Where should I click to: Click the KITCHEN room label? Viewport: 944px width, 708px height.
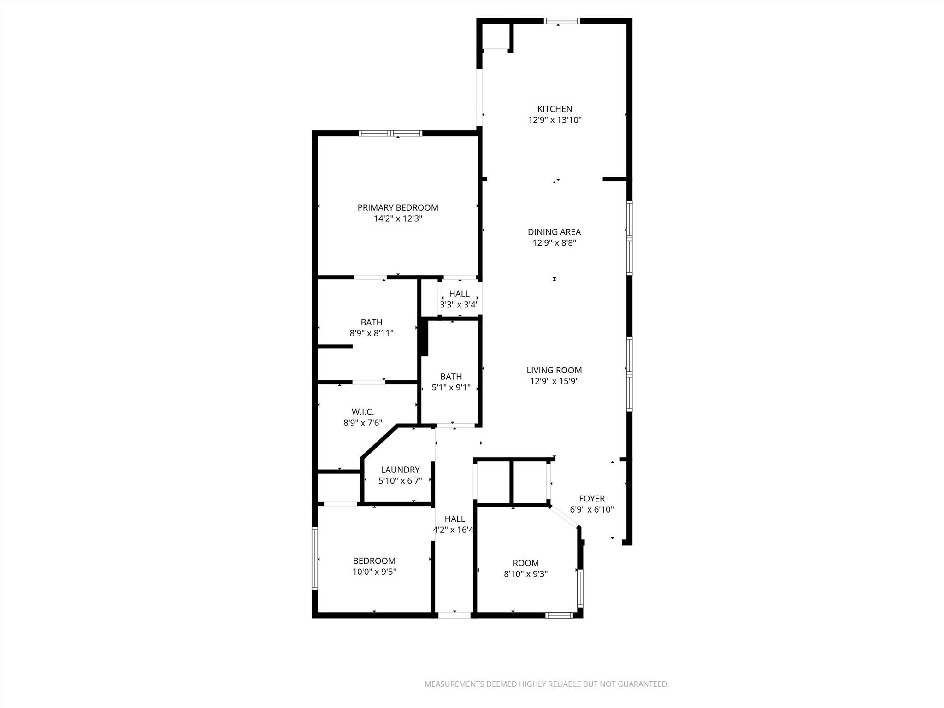(x=555, y=109)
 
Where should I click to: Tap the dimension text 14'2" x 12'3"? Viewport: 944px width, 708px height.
(x=398, y=218)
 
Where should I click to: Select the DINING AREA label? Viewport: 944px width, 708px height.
(x=554, y=232)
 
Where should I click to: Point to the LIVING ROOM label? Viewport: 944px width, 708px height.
(x=554, y=370)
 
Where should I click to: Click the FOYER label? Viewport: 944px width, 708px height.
(x=592, y=498)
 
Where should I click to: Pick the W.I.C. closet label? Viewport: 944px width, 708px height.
(x=363, y=412)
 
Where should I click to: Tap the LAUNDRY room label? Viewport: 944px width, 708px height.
(x=400, y=470)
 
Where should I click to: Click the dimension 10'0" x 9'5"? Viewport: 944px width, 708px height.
(x=374, y=572)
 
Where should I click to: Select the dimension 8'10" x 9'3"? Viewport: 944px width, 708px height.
(x=525, y=574)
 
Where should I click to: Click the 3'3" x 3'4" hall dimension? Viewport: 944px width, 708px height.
(x=459, y=305)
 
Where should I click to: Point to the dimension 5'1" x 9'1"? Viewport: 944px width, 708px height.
(x=451, y=388)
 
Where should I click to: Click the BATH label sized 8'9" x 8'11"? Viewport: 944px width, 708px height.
(x=372, y=322)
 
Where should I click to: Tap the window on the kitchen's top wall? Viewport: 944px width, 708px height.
(x=561, y=21)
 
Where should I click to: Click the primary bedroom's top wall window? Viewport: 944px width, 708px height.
(x=390, y=134)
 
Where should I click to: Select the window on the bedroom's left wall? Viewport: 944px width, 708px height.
(x=315, y=558)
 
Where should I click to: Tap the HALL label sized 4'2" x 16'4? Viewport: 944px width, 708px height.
(x=454, y=519)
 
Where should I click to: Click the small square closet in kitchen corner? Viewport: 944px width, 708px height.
(x=496, y=36)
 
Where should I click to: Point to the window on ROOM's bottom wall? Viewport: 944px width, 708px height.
(x=559, y=615)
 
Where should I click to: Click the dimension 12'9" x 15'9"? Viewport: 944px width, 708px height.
(x=554, y=381)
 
